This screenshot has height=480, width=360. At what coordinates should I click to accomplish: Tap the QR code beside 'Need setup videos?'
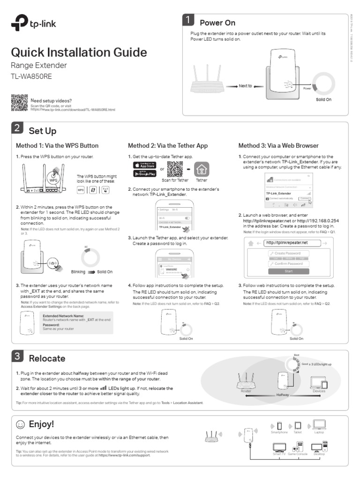[19, 103]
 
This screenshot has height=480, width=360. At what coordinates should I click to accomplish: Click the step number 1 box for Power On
[188, 20]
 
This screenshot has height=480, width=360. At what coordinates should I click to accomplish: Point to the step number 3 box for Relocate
[17, 357]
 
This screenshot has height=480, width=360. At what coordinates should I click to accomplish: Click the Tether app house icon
[202, 169]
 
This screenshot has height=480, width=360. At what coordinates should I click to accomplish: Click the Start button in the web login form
[288, 271]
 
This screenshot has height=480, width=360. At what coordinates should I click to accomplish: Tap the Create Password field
[288, 253]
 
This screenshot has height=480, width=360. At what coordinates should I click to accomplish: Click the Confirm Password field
[288, 264]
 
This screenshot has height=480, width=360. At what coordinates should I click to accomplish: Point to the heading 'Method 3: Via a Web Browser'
[278, 146]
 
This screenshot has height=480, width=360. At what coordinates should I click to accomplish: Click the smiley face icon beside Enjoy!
[20, 425]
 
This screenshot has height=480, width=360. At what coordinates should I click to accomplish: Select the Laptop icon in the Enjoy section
[319, 425]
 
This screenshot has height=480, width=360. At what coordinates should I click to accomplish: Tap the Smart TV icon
[279, 446]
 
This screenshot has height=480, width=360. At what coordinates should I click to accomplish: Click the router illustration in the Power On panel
[208, 82]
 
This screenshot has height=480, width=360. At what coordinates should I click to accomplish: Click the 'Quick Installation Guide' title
[79, 52]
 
